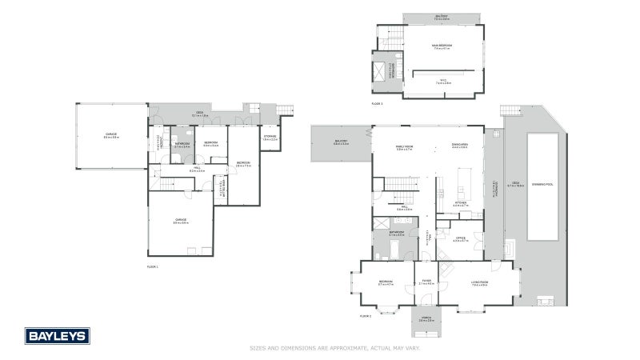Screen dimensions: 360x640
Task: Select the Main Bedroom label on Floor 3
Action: pos(442,46)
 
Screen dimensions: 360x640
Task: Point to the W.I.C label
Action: pos(444,80)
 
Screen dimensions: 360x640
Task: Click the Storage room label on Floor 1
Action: pos(270,138)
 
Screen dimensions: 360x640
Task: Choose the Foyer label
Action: pos(426,282)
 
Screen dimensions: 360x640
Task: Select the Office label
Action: pos(460,238)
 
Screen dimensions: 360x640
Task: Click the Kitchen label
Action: pos(460,203)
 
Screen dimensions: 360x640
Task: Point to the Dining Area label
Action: pos(459,146)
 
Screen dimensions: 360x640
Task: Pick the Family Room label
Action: pos(404,147)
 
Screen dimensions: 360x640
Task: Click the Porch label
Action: pos(426,319)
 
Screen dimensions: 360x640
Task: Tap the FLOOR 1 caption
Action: pos(153,266)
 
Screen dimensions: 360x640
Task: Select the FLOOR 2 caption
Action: pos(366,315)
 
